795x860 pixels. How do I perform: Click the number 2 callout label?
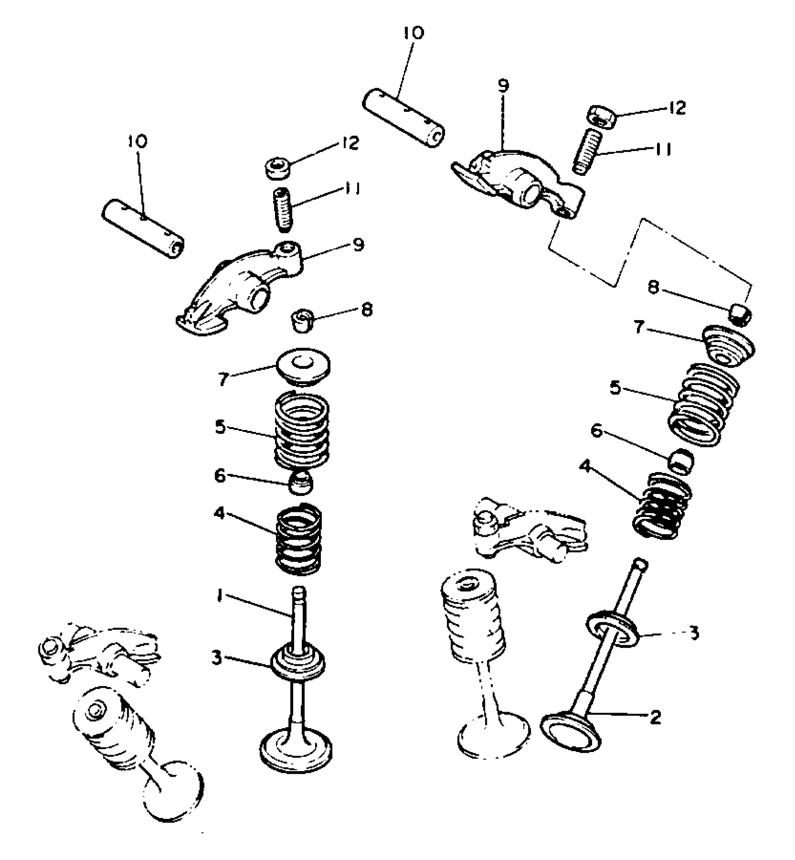point(655,717)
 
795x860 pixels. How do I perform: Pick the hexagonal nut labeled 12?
point(601,114)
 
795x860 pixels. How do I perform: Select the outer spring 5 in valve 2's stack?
point(702,403)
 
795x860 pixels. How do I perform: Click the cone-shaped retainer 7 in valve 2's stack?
point(729,346)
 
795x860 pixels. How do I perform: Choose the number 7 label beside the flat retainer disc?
point(224,379)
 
